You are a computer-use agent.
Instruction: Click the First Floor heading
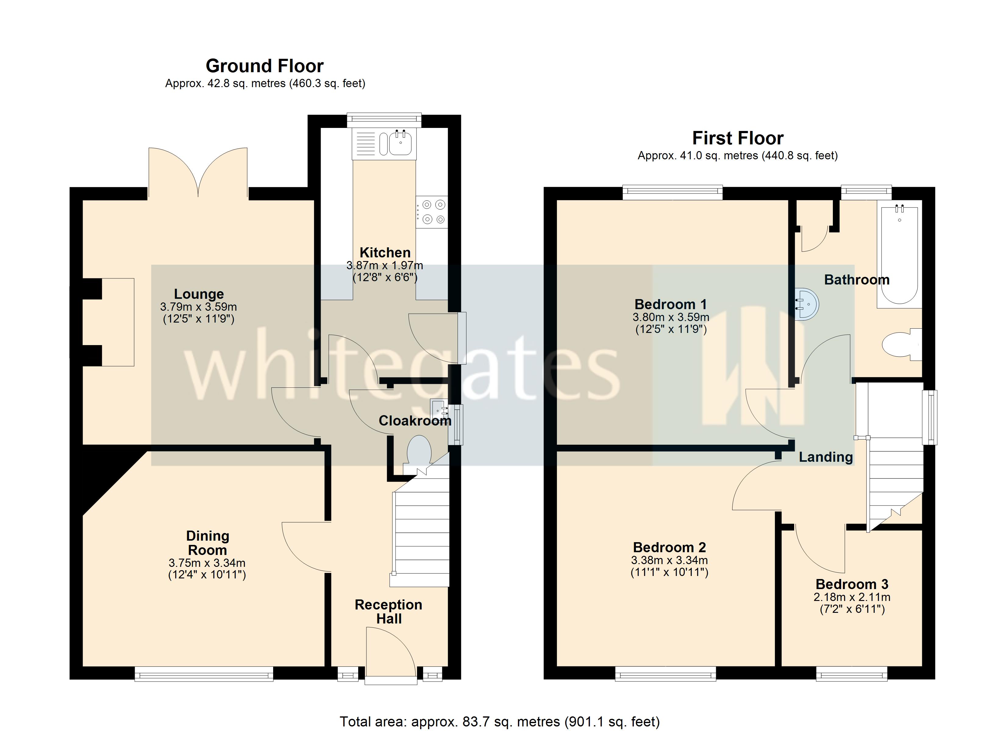[738, 138]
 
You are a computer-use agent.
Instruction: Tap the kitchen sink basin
[401, 143]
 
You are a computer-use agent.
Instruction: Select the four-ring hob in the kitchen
[432, 212]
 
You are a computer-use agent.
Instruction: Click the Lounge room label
[199, 294]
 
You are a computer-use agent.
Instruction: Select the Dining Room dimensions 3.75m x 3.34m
[207, 563]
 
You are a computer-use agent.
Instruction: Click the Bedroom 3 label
[852, 584]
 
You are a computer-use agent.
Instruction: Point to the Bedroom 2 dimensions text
[669, 566]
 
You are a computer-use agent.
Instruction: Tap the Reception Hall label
[389, 611]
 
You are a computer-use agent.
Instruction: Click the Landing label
[826, 457]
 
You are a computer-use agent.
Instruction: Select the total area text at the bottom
[500, 722]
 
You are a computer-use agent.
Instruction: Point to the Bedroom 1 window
[672, 192]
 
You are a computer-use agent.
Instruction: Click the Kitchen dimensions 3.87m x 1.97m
[385, 266]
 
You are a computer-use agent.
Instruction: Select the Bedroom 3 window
[852, 673]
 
